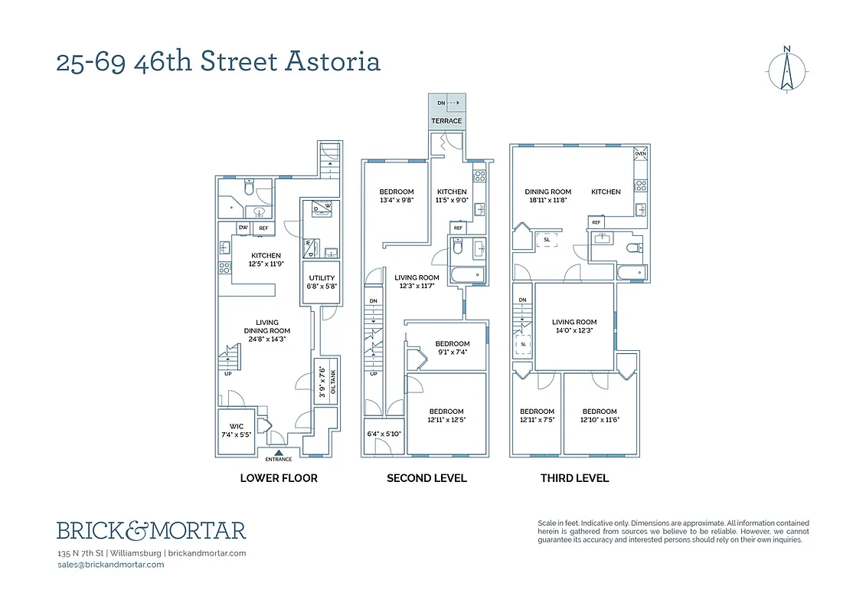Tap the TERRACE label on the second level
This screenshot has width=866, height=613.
pos(446,121)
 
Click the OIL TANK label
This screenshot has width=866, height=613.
pos(332,380)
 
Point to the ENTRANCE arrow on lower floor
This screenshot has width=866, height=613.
pos(278,452)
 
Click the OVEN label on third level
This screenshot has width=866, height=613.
pos(640,153)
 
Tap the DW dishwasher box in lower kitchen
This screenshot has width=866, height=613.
pos(243,228)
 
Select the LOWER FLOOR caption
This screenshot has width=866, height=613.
pos(279,478)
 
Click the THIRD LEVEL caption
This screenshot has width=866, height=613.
pos(574,478)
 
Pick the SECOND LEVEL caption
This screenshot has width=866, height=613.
pos(426,478)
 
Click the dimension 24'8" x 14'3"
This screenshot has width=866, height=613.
pos(267,340)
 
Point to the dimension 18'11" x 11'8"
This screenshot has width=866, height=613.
pos(548,200)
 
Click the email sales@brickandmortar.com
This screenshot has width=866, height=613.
pos(110,565)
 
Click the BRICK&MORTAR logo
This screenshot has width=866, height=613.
pos(151,529)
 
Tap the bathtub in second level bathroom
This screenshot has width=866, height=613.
pos(466,274)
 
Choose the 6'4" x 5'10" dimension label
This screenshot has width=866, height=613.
pos(384,434)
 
